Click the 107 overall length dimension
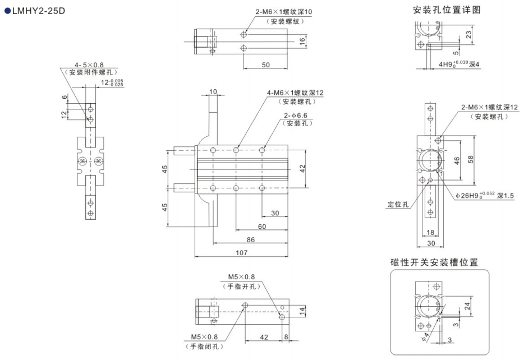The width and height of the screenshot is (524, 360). [x=241, y=253]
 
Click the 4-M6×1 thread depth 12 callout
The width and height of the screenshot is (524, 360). [x=295, y=93]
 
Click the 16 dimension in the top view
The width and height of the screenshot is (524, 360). [x=302, y=41]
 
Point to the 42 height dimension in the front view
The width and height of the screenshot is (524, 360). [x=303, y=168]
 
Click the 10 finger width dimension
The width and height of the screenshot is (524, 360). [x=213, y=91]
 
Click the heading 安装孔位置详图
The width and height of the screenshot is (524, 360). [x=447, y=10]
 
